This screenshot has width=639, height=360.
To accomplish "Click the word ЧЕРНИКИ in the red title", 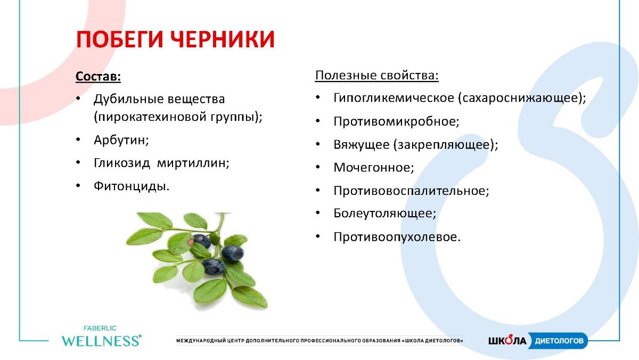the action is (x=223, y=39).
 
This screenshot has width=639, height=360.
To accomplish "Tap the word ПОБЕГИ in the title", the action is (x=119, y=39).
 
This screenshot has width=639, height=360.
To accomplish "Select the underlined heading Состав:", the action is (x=98, y=76).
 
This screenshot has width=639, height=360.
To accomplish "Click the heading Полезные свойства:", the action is (x=376, y=75).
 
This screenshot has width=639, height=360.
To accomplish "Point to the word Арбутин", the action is (x=121, y=140).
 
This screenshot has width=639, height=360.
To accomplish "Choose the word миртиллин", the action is (x=193, y=163).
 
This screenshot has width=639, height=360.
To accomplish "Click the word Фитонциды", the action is (x=132, y=186).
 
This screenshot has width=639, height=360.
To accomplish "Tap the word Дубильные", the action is (x=128, y=99).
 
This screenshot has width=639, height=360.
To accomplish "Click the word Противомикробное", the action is (x=397, y=121).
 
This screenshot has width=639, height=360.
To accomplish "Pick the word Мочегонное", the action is (x=374, y=167).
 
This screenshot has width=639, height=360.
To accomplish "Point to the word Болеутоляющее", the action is (x=385, y=214).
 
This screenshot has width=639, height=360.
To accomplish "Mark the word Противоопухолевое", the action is (x=397, y=237).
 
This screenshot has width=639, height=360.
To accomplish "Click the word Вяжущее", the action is (x=362, y=145).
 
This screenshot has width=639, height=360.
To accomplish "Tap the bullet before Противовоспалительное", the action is (x=318, y=190).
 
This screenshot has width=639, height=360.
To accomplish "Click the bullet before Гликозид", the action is (x=78, y=162).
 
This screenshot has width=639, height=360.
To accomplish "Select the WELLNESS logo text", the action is (x=101, y=341).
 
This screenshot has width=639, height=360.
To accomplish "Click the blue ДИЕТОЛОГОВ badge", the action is (x=558, y=341).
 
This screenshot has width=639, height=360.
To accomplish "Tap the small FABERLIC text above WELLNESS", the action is (x=100, y=329).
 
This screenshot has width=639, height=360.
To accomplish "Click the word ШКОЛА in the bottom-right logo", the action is (x=507, y=340).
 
